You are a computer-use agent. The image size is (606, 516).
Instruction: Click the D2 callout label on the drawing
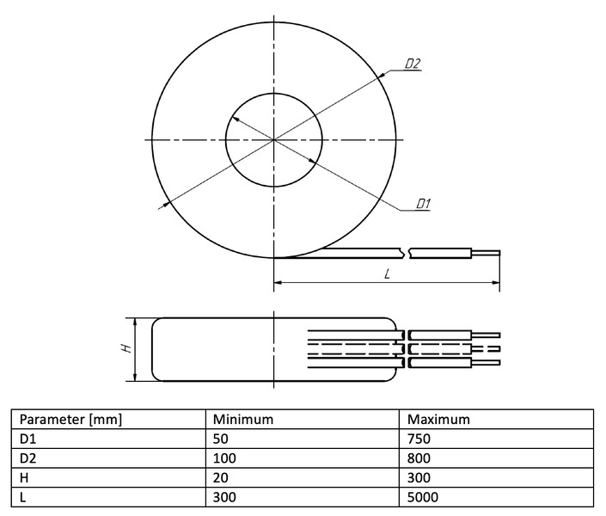tap(413, 64)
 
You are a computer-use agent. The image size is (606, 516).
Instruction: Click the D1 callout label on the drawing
tap(423, 204)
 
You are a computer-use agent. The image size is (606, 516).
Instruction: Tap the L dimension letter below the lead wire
tap(388, 274)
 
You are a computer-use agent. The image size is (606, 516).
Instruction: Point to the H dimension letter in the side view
tap(126, 348)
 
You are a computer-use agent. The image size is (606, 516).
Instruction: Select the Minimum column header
tap(243, 420)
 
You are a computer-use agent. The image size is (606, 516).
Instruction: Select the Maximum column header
tap(438, 420)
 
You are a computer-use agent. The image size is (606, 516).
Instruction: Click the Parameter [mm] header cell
tap(70, 420)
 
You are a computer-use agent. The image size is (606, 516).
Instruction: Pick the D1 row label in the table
tap(28, 439)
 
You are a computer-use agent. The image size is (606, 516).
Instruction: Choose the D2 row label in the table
tap(28, 458)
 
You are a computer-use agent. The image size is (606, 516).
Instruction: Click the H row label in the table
tap(24, 477)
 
